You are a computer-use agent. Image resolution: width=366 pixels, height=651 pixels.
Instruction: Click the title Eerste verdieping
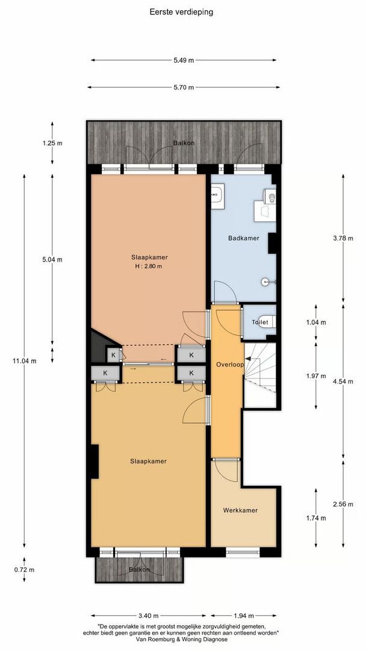(x=181, y=11)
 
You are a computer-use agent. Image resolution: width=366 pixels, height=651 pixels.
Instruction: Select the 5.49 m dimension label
(x=184, y=60)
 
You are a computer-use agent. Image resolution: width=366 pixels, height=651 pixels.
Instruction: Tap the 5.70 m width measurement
(x=184, y=87)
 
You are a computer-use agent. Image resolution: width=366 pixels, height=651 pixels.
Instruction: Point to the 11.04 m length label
(x=25, y=361)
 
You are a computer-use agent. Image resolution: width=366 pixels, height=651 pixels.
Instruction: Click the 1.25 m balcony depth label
(x=52, y=143)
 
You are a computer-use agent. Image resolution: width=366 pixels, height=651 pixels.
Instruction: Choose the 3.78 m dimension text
(x=343, y=237)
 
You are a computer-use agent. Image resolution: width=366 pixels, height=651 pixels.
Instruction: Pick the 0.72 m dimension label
(x=25, y=570)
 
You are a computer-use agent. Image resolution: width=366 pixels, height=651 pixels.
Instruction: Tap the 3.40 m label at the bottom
(x=149, y=616)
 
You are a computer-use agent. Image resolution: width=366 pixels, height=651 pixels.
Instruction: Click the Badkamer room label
(x=244, y=238)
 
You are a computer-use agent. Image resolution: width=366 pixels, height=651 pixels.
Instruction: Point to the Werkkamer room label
(x=240, y=511)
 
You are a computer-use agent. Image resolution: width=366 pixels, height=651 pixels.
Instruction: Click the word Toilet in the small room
(x=261, y=322)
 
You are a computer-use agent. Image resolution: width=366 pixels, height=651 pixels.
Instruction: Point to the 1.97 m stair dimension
(x=316, y=374)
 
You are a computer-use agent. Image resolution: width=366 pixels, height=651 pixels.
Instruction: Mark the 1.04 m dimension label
(x=316, y=322)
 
